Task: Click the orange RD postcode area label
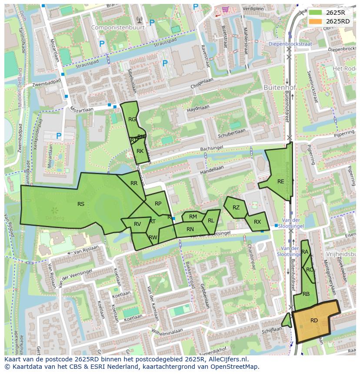pyautogui.click(x=314, y=321)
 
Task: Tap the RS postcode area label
pyautogui.click(x=81, y=204)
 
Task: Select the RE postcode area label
pyautogui.click(x=280, y=182)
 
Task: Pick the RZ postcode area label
pyautogui.click(x=236, y=208)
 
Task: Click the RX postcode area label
pyautogui.click(x=257, y=222)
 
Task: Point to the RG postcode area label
pyautogui.click(x=132, y=119)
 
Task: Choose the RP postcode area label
pyautogui.click(x=158, y=204)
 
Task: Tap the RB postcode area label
pyautogui.click(x=306, y=294)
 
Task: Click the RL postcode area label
pyautogui.click(x=211, y=221)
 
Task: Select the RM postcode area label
pyautogui.click(x=193, y=217)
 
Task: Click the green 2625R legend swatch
pyautogui.click(x=316, y=13)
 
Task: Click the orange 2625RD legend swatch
pyautogui.click(x=316, y=21)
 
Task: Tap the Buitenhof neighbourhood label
pyautogui.click(x=280, y=87)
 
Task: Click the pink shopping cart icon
pyautogui.click(x=225, y=9)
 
